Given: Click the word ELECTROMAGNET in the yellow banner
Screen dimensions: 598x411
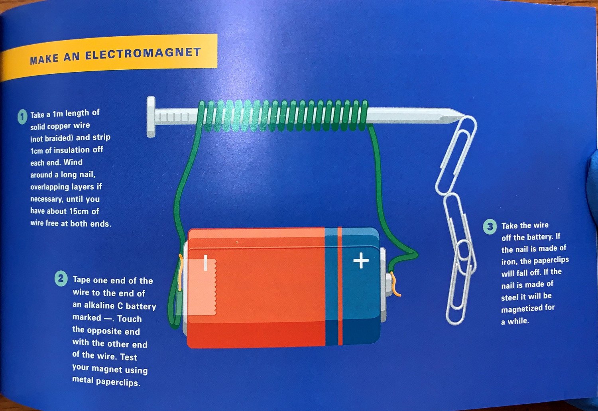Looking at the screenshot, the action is [x=143, y=54].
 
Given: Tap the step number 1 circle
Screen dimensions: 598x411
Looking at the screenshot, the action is [x=23, y=117].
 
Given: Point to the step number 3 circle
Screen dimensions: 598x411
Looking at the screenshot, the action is [x=490, y=227].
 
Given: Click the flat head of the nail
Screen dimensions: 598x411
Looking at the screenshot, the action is [x=151, y=117].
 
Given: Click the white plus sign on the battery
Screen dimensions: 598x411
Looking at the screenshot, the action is [x=361, y=260].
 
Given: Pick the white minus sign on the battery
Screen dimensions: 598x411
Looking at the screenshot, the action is [x=206, y=263].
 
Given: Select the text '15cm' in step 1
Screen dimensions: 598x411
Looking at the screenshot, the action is [x=78, y=211].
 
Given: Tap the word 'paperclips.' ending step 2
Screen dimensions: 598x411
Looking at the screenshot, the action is [x=118, y=382].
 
